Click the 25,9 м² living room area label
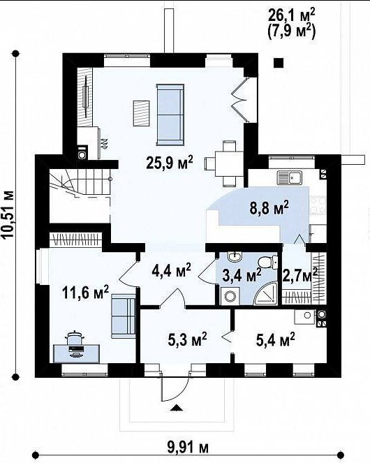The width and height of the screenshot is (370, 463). (x=170, y=163)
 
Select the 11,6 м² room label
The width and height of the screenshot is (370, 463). (x=85, y=293)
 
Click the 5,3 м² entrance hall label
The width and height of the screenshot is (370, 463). (x=187, y=339)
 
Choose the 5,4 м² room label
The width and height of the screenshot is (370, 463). (x=275, y=339)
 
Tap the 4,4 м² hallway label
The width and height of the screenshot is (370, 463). (x=172, y=270)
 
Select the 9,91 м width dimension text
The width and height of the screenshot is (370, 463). (x=188, y=448)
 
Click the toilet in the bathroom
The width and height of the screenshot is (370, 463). (x=267, y=262)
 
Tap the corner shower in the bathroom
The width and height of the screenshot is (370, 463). (x=267, y=293)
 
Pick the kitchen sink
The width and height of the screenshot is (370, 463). (x=290, y=178)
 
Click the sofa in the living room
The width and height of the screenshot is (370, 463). (x=170, y=115)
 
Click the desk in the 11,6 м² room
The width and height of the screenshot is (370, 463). (x=77, y=353)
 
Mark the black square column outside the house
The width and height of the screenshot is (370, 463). (x=279, y=63)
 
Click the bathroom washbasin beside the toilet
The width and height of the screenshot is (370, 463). (x=235, y=256)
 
